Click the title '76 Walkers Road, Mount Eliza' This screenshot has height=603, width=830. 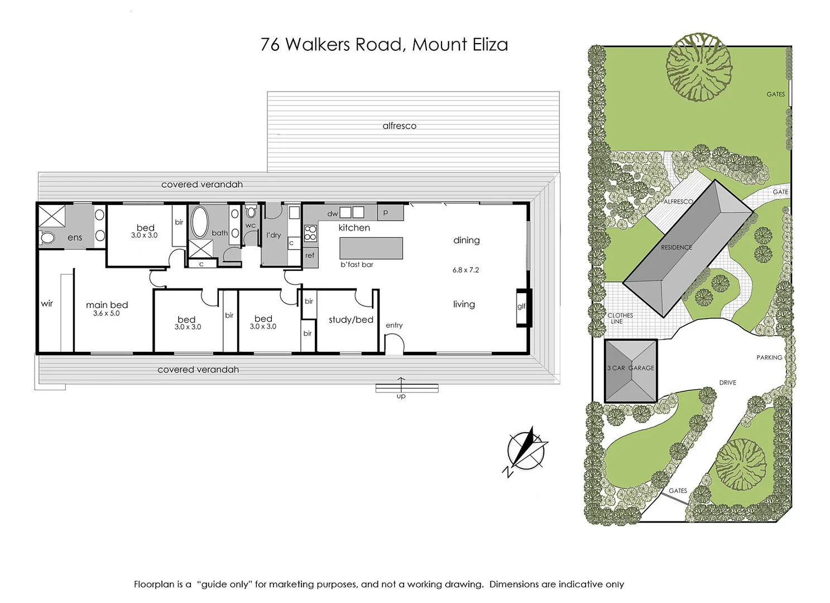(x=384, y=45)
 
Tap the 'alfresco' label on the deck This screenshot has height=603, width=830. (x=399, y=126)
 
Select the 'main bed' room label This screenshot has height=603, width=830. (x=107, y=305)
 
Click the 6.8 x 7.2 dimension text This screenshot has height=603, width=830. (x=466, y=270)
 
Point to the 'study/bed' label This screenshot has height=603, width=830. (x=351, y=320)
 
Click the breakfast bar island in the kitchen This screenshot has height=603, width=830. (x=371, y=248)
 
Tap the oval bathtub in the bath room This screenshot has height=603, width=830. (x=199, y=222)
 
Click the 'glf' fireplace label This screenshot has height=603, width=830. (x=521, y=306)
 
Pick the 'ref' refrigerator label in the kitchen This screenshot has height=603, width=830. (x=310, y=256)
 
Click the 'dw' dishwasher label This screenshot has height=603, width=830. (x=332, y=214)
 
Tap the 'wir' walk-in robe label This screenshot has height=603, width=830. (x=47, y=304)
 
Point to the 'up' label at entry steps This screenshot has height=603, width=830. (x=401, y=396)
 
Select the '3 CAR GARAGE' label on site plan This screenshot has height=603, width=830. (x=631, y=368)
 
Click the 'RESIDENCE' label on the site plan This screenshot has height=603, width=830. (x=676, y=247)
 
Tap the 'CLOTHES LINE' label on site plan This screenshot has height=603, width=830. (x=620, y=318)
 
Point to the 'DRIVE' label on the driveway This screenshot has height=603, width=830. (x=727, y=382)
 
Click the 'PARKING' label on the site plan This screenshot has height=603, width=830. (x=769, y=357)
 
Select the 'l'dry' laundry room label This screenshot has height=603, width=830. (x=274, y=235)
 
